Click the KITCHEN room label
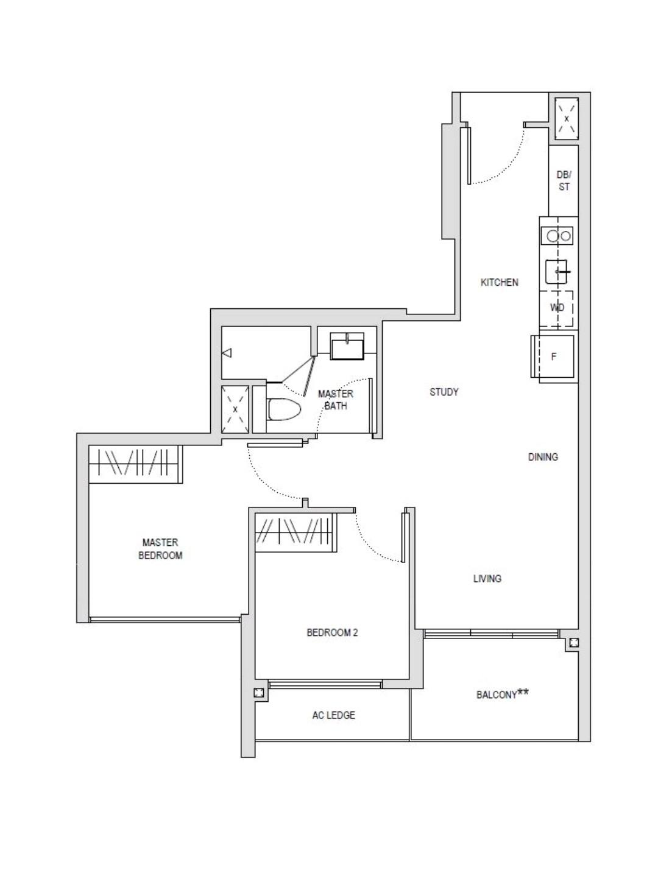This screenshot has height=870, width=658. [x=499, y=282]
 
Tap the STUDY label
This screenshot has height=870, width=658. [x=444, y=392]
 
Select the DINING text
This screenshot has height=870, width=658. [x=542, y=457]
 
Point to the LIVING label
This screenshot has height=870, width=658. [x=487, y=578]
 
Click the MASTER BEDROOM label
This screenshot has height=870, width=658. [x=160, y=548]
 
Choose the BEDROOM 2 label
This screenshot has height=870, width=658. [x=332, y=632]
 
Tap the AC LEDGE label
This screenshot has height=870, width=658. [x=333, y=715]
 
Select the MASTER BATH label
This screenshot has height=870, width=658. [x=335, y=400]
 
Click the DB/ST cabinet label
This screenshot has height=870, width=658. [x=564, y=181]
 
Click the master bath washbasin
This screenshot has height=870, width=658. [x=347, y=347]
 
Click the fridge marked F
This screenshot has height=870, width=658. [x=554, y=357]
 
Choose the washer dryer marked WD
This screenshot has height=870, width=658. [x=557, y=308]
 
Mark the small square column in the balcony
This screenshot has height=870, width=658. [x=573, y=642]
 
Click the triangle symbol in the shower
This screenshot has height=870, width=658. [x=227, y=353]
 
